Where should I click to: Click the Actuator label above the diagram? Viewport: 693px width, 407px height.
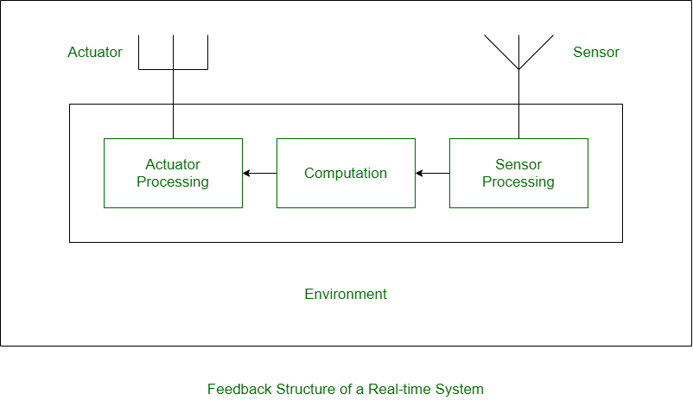[x=95, y=52]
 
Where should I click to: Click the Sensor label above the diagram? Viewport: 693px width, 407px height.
[x=596, y=52]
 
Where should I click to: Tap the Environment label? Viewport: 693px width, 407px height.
[x=346, y=294]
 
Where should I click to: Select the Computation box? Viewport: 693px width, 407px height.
[x=346, y=194]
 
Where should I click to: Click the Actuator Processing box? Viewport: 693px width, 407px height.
[x=173, y=197]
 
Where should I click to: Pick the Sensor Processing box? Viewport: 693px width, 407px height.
[x=518, y=197]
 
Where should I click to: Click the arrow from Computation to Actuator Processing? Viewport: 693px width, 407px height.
[x=260, y=173]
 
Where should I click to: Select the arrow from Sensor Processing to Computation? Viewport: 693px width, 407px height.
[x=433, y=173]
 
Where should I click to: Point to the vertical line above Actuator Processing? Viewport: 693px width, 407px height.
[x=173, y=122]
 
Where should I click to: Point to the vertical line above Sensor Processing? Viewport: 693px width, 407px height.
[x=518, y=122]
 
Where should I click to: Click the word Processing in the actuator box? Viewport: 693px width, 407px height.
[x=173, y=182]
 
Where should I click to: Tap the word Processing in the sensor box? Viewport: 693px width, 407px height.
[x=518, y=182]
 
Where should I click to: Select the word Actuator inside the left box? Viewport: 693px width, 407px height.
[x=173, y=164]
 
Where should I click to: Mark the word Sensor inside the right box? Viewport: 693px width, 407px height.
[x=518, y=164]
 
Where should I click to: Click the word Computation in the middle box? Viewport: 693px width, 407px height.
[x=346, y=173]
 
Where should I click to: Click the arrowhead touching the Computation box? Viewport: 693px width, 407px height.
[x=420, y=173]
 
